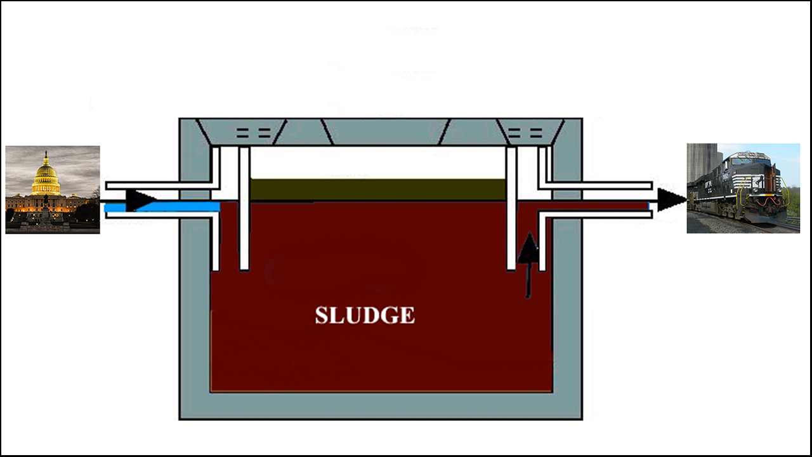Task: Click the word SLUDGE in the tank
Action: pyautogui.click(x=365, y=315)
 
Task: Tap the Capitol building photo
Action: pyautogui.click(x=53, y=190)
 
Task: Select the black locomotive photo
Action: pyautogui.click(x=743, y=188)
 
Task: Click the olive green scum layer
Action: pyautogui.click(x=377, y=189)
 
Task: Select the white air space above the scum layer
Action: pyautogui.click(x=377, y=162)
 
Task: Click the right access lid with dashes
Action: pyautogui.click(x=526, y=133)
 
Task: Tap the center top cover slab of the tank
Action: pyautogui.click(x=387, y=132)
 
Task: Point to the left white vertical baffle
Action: pyautogui.click(x=244, y=209)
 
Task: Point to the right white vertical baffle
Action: pyautogui.click(x=511, y=209)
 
